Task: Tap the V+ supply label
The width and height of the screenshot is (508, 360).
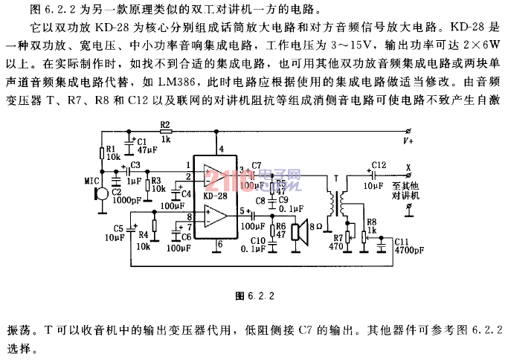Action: [x=408, y=141]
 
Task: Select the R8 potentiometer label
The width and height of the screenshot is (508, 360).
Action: [x=370, y=221]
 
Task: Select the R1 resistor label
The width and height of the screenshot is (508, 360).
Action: [x=110, y=149]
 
